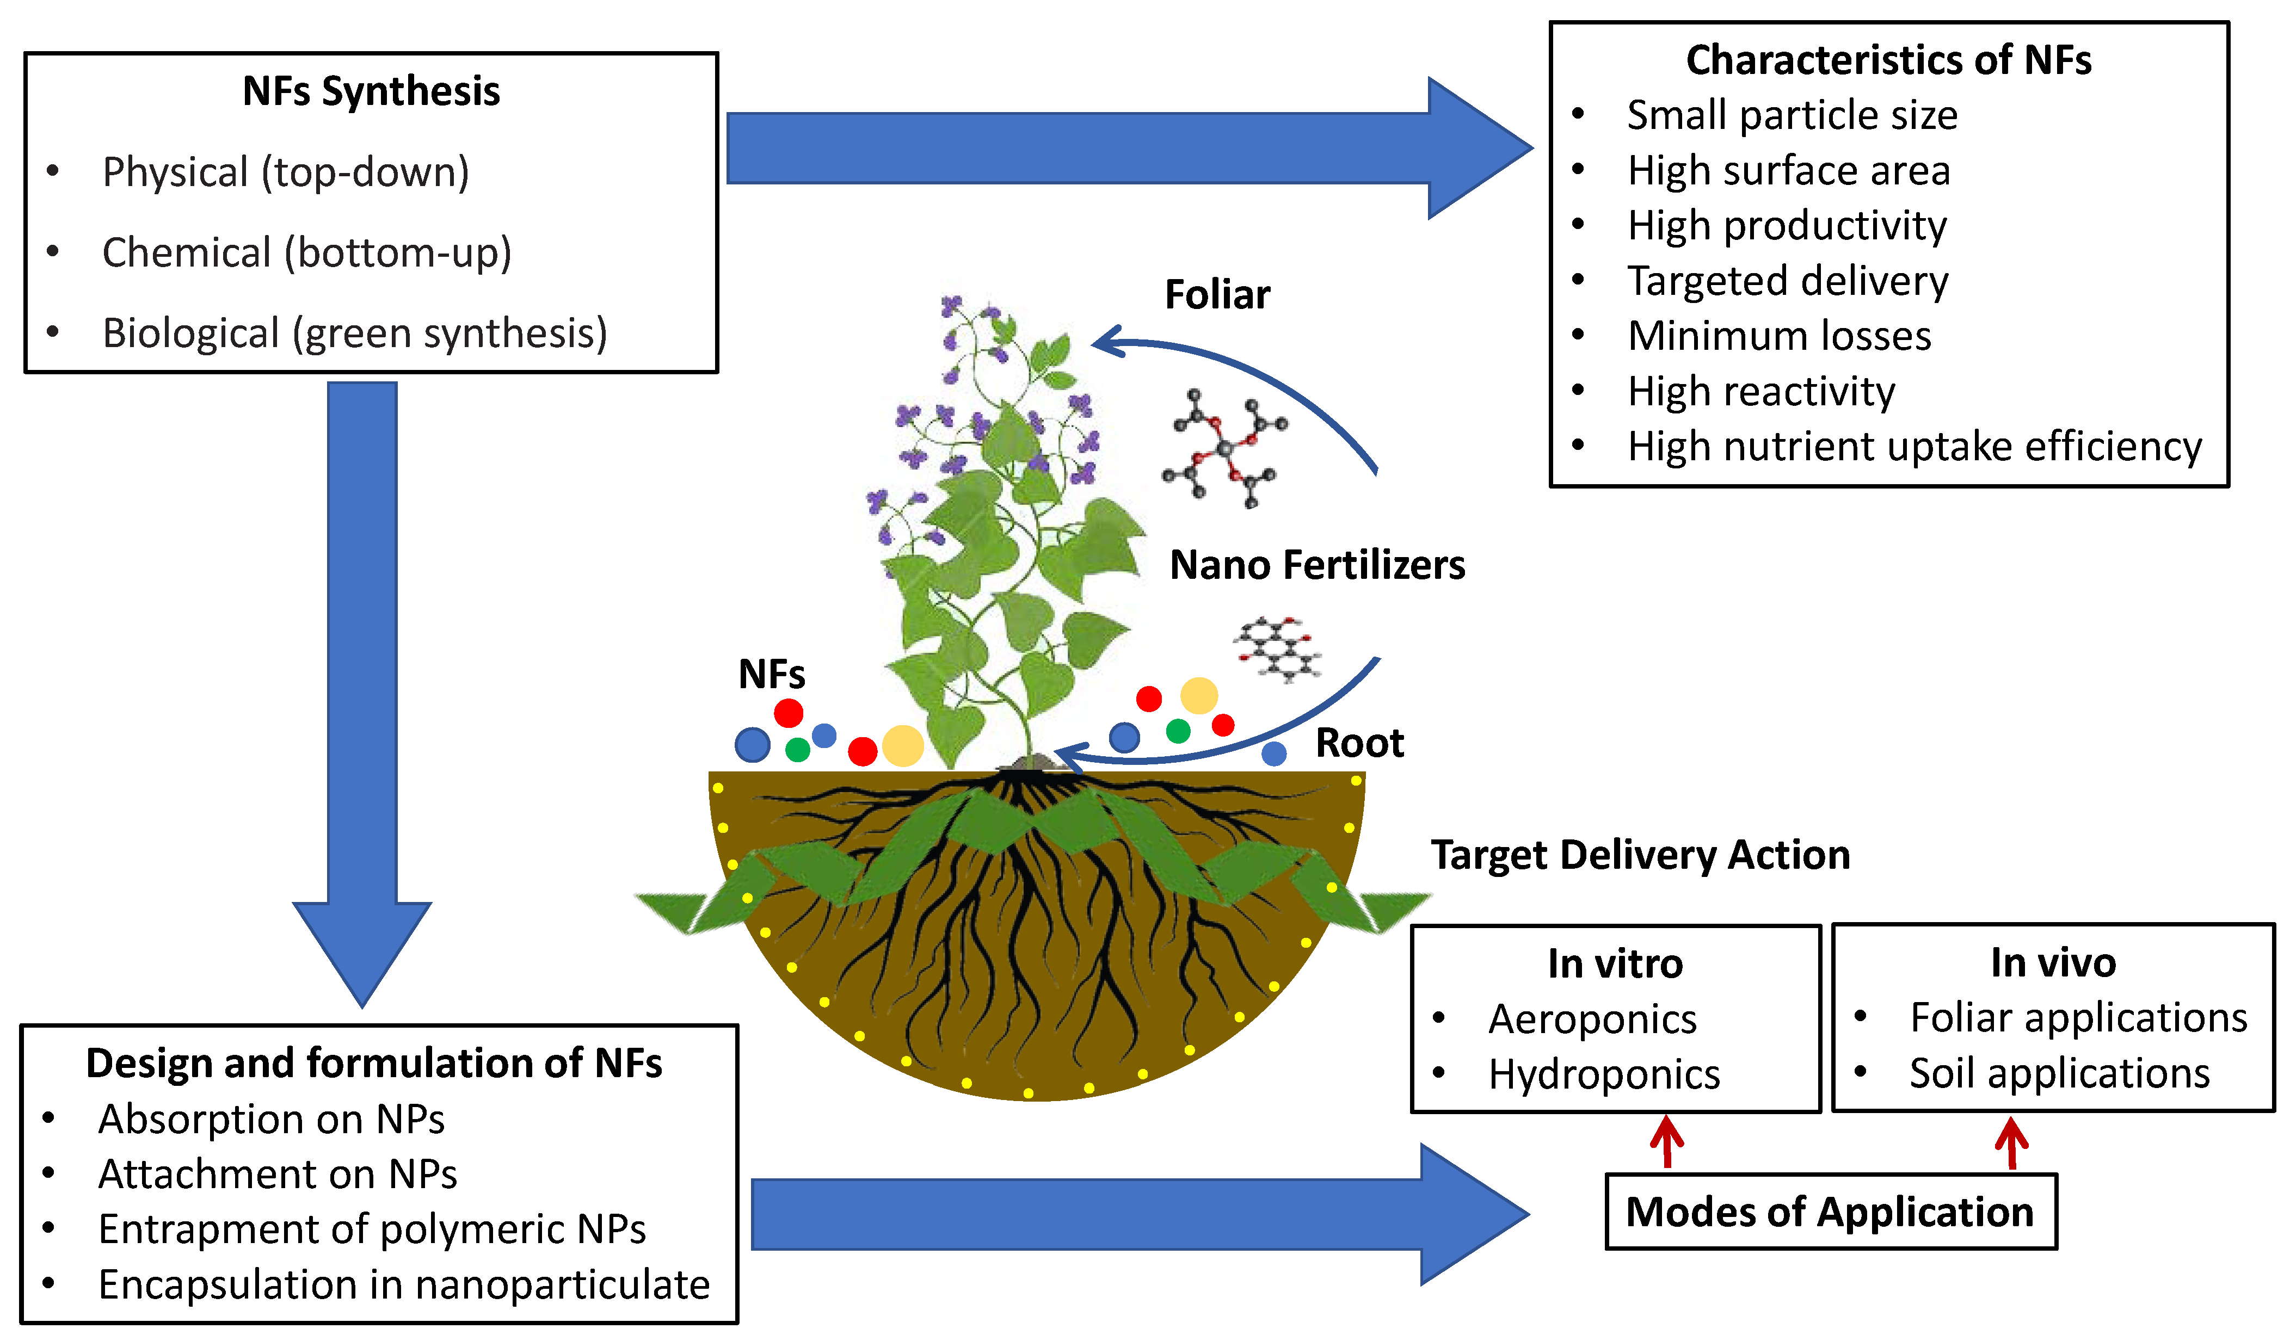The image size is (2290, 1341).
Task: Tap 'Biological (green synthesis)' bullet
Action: point(354,333)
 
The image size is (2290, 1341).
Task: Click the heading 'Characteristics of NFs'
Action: point(1888,60)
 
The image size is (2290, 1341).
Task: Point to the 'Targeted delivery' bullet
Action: point(1788,281)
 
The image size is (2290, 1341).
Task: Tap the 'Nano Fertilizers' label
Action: point(1317,565)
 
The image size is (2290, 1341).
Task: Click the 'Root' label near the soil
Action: point(1359,743)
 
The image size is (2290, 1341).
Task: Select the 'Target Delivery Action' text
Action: point(1640,855)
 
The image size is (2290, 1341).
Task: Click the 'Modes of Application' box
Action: point(1830,1212)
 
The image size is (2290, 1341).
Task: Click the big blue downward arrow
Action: point(362,682)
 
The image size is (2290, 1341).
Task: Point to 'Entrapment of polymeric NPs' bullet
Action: point(372,1229)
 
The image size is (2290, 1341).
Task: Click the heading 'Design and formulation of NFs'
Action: point(373,1063)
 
